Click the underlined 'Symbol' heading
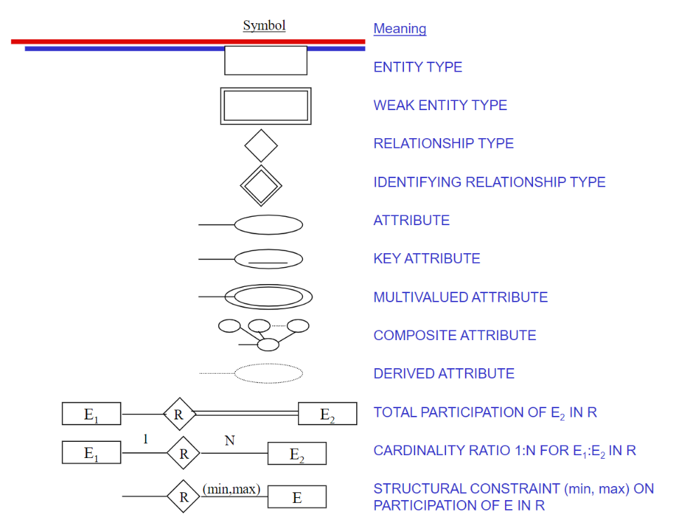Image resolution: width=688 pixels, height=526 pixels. coord(264,26)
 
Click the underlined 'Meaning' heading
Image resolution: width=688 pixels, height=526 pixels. coord(400,29)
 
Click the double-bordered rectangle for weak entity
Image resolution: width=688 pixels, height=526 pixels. coord(266,106)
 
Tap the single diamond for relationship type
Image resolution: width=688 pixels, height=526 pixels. coord(261,146)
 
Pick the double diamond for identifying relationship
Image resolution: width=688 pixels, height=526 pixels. coord(261,186)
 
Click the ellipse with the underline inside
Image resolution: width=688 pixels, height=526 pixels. coord(268,259)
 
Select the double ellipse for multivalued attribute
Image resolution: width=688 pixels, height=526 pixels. coord(268,297)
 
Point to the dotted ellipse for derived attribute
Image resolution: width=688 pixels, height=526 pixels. coord(268,373)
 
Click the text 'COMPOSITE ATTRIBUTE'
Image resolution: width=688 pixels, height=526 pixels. coord(454,335)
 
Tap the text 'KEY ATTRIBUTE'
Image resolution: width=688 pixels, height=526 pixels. coord(426,259)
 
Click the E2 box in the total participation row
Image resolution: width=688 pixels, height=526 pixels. coord(328,414)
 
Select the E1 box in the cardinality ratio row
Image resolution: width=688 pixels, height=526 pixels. coord(91,453)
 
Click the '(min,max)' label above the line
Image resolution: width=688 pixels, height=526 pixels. coord(231,489)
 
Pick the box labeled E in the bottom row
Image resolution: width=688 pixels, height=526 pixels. coord(297,497)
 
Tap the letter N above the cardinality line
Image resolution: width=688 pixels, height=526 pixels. coord(229,440)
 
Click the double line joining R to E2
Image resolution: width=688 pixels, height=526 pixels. coord(245,414)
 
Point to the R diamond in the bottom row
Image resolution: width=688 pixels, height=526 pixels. coord(184,497)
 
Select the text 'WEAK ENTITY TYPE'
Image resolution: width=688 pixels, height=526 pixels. coord(440,105)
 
